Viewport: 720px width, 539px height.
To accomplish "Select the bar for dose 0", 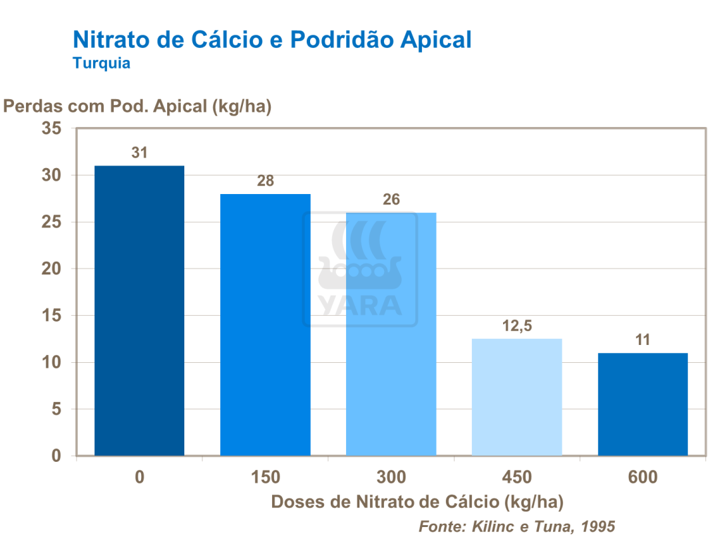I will pos(139,310).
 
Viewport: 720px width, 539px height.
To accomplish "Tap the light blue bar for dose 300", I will pos(391,334).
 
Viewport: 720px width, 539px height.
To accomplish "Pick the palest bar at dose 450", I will pos(517,397).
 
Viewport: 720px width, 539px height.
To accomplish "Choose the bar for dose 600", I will pos(643,404).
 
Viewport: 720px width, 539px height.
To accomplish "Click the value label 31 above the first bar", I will pos(139,153).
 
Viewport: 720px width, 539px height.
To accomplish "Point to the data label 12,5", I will pos(517,326).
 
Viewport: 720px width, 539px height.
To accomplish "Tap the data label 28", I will pos(266,181).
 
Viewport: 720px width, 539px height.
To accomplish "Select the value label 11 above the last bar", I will pos(643,340).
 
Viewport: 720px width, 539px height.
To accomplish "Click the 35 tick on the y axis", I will pos(53,129).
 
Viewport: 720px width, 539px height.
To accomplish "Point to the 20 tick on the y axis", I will pos(53,269).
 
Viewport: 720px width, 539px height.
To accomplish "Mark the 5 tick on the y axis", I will pos(57,409).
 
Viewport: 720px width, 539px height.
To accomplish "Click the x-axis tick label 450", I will pos(517,477).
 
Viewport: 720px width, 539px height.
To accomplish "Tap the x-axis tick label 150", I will pos(265,477).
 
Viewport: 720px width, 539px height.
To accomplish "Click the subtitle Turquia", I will pos(101,64).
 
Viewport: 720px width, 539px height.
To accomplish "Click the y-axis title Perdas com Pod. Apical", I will pos(138,106).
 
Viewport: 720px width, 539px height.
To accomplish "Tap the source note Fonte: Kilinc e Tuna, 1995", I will pos(516,526).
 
